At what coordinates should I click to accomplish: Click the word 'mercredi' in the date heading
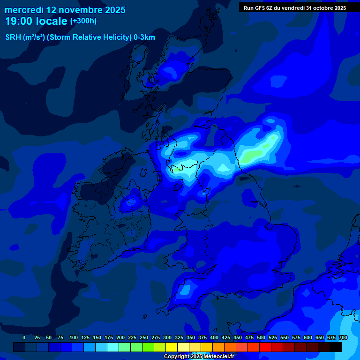coord(24,9)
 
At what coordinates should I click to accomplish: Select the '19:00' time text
coord(22,21)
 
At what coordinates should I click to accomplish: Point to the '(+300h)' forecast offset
coord(83,21)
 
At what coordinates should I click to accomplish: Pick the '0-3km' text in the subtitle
coord(144,37)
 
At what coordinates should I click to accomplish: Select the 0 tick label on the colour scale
coord(24,337)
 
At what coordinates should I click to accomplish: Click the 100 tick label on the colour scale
coord(74,337)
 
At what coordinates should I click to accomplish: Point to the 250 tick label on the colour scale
coord(144,337)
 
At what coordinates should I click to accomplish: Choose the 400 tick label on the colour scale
coord(214,337)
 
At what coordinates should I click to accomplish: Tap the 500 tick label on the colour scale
coord(261,337)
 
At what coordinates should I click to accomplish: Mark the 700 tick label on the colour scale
coord(343,337)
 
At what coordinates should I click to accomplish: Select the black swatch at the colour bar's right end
coord(336,347)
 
